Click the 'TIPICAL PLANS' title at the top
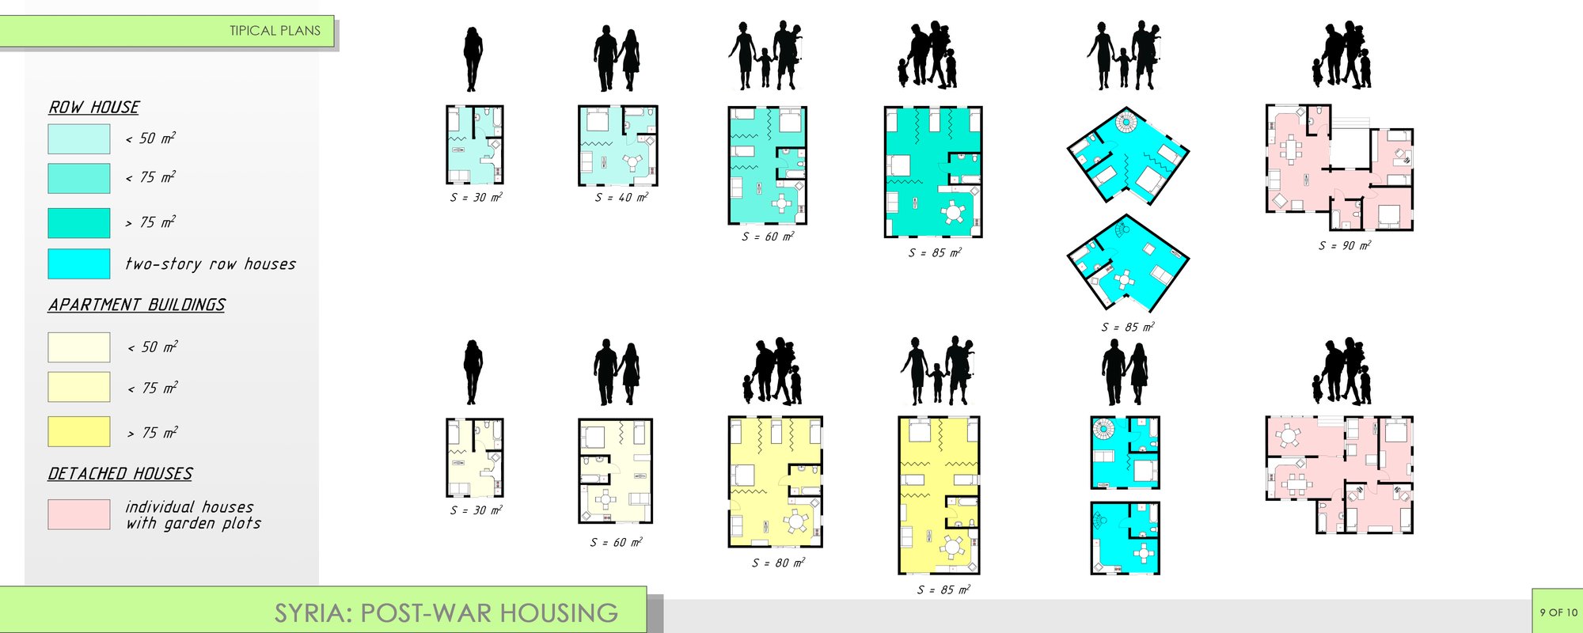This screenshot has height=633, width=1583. (x=275, y=31)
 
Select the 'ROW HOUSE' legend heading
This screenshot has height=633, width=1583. (x=94, y=108)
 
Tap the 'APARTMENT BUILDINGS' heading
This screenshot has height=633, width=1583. (x=137, y=305)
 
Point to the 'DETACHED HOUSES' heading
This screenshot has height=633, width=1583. (x=120, y=474)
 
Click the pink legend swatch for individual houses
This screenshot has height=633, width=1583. (x=79, y=514)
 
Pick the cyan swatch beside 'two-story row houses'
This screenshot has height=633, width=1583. (x=79, y=264)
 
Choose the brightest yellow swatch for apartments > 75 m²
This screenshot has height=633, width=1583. (x=79, y=432)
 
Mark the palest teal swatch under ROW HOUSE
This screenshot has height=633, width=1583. (x=79, y=139)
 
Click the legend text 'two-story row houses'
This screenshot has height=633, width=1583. (x=211, y=264)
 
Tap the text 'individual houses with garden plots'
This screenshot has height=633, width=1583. (x=193, y=515)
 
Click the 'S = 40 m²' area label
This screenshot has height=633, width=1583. (x=621, y=197)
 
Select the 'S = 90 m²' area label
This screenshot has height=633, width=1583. (x=1345, y=245)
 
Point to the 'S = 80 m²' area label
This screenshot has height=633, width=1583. (x=778, y=563)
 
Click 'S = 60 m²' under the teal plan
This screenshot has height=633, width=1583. (x=768, y=236)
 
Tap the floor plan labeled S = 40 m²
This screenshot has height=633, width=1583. (x=618, y=146)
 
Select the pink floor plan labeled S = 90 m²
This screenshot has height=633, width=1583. (x=1339, y=168)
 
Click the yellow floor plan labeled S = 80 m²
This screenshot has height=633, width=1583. (x=776, y=482)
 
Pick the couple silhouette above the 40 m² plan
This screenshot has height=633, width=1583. (x=617, y=59)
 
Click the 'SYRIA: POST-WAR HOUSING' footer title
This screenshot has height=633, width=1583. (x=446, y=613)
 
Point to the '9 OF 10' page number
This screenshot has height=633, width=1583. (x=1558, y=612)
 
